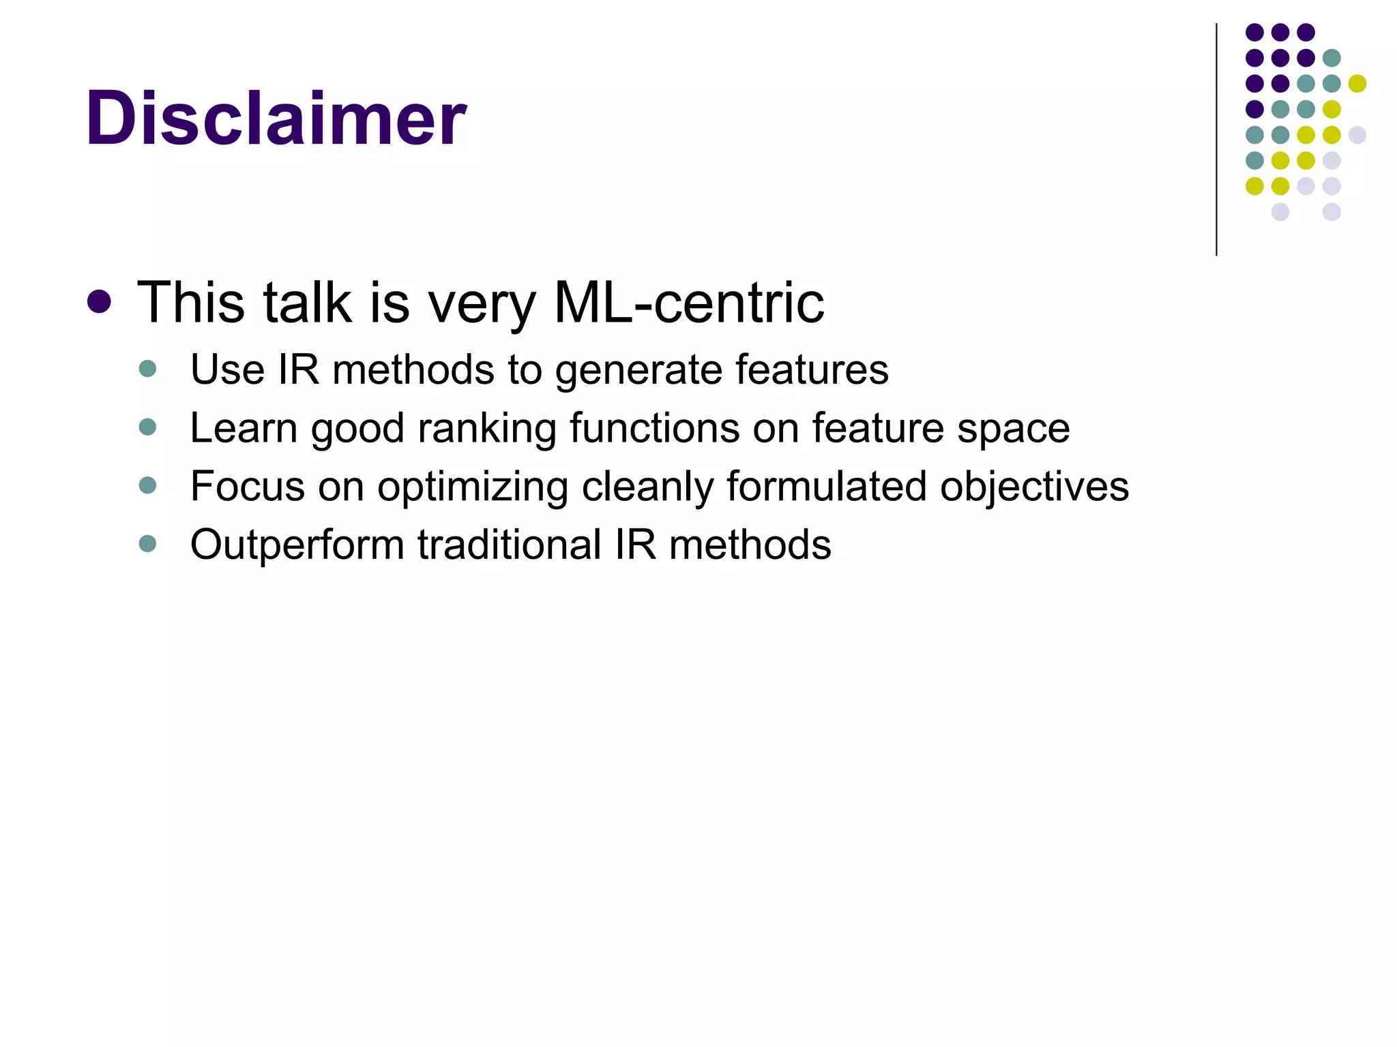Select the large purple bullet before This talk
[x=100, y=302]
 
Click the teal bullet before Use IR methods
[x=147, y=369]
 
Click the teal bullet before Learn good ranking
[x=147, y=427]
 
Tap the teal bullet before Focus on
[x=147, y=485]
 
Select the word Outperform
[x=297, y=545]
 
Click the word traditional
[x=510, y=545]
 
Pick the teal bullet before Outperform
[x=147, y=543]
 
